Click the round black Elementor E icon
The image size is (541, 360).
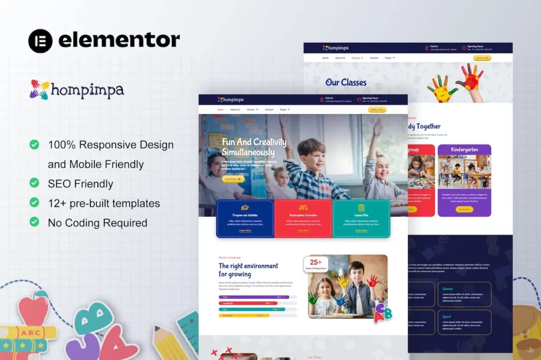tap(41, 41)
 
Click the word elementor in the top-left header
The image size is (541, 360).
tap(119, 40)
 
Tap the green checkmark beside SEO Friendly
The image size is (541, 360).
tap(34, 183)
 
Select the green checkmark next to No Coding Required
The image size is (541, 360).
tap(34, 222)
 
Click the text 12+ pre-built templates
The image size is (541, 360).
tap(104, 203)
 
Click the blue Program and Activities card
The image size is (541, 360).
tap(245, 219)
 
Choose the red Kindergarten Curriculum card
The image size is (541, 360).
tap(303, 219)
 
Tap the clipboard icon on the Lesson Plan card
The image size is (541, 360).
tap(361, 207)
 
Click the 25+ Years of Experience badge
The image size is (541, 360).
tap(316, 264)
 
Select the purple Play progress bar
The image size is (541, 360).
tap(254, 297)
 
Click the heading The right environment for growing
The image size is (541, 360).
tap(248, 270)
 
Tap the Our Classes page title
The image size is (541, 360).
tap(346, 82)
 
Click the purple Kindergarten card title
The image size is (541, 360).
tap(464, 150)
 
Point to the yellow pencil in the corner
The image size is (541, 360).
tap(169, 343)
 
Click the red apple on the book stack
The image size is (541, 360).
tap(33, 311)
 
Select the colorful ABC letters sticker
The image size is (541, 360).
tap(383, 314)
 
